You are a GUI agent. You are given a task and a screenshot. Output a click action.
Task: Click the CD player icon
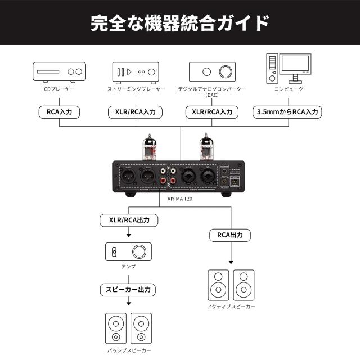pyautogui.click(x=59, y=71)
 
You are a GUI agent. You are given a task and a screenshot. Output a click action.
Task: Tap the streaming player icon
pyautogui.click(x=136, y=71)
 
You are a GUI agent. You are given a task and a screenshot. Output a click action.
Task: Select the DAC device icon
pyautogui.click(x=212, y=71)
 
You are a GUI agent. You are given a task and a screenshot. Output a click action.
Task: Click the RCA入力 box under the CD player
pyautogui.click(x=59, y=112)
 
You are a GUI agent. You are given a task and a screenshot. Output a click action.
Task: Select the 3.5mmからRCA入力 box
pyautogui.click(x=287, y=112)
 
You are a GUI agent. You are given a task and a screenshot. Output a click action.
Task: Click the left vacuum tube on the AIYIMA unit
pyautogui.click(x=150, y=147)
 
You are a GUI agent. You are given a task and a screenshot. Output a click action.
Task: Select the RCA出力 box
pyautogui.click(x=231, y=235)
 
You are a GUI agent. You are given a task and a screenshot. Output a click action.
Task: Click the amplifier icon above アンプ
pyautogui.click(x=128, y=251)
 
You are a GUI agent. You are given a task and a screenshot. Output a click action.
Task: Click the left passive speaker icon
pyautogui.click(x=115, y=328)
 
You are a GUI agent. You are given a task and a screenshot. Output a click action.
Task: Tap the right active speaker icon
pyautogui.click(x=244, y=285)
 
